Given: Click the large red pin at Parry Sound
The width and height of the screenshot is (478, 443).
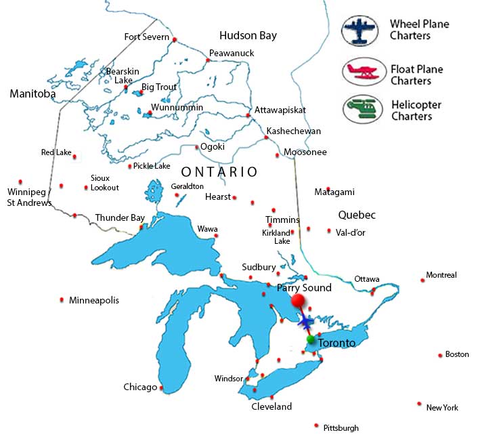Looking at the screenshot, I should (297, 301).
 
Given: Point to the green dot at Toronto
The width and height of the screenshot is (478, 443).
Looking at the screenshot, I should (311, 339).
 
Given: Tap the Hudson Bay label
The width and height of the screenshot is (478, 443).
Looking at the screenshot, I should (248, 35).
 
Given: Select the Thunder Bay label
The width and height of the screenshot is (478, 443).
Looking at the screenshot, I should (120, 217).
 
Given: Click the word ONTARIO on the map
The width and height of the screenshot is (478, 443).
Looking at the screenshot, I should (219, 172).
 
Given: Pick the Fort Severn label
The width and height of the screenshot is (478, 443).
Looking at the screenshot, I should (146, 37).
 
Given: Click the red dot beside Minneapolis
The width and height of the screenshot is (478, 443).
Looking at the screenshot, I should (62, 299).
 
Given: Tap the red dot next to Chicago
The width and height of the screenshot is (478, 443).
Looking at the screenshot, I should (161, 388).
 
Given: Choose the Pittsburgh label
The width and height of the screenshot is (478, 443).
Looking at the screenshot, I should (341, 427).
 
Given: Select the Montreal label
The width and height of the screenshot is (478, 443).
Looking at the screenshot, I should (441, 275).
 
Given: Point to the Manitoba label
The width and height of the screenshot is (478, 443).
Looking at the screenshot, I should (32, 94).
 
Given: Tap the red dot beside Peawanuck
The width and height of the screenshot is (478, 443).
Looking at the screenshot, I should (208, 60).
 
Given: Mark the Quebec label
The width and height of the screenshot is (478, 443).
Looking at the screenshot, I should (356, 215).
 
